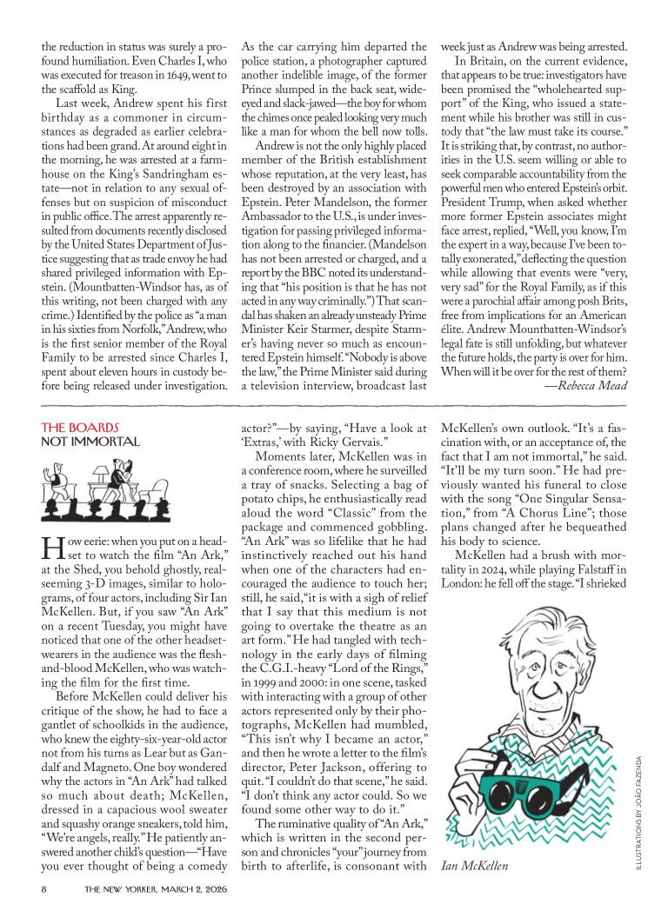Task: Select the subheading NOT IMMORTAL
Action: coord(90,442)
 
